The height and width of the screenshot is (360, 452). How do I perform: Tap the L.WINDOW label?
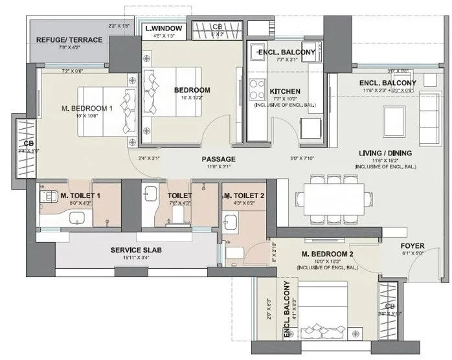tap(163, 28)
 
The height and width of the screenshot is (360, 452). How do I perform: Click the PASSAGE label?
tap(218, 159)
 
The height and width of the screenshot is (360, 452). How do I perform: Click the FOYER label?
tap(412, 245)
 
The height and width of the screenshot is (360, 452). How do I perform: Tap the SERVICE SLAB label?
tap(135, 250)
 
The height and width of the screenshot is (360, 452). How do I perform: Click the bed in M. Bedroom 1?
tap(104, 111)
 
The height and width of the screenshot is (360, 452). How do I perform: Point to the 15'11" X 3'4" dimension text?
tap(135, 258)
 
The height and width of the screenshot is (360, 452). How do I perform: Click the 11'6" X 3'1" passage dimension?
tap(218, 167)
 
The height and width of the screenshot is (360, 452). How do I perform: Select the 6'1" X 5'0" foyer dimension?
tap(412, 254)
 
